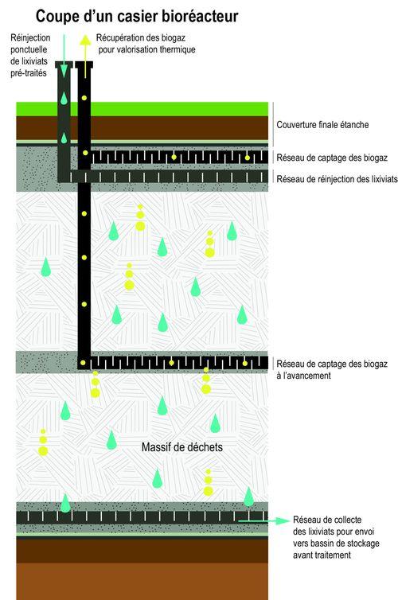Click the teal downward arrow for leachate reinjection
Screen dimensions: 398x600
(64, 56)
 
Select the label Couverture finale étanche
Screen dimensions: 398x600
(322, 125)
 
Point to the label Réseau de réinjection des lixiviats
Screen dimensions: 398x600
(338, 179)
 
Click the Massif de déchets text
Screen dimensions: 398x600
(182, 447)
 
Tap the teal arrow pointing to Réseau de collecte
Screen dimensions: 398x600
(263, 520)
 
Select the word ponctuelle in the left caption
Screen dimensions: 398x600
(29, 49)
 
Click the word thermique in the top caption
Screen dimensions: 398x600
(178, 50)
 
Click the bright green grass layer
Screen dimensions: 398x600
(142, 109)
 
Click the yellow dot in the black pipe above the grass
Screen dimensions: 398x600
(84, 98)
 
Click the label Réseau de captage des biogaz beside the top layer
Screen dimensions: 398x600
(332, 158)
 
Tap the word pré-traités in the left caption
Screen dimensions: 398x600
(29, 72)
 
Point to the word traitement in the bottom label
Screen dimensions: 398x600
(333, 555)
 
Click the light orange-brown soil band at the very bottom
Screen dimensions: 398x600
(142, 582)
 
